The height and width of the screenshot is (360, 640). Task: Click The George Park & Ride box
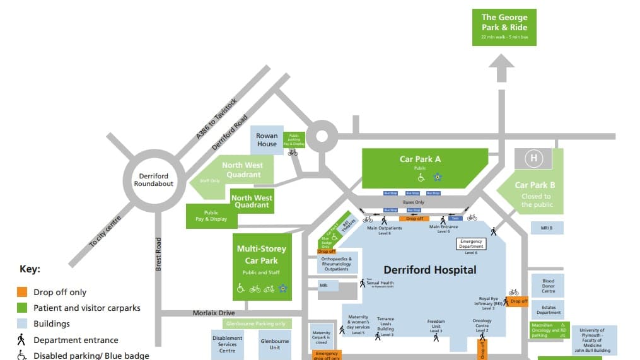pos(504,27)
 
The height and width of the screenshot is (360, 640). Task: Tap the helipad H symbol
pos(534,158)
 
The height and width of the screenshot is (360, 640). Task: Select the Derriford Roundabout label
pos(153,179)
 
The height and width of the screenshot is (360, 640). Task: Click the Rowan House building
pos(267,140)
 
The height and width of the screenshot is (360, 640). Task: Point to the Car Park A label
pos(420,159)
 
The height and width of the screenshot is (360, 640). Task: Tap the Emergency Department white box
pos(471,243)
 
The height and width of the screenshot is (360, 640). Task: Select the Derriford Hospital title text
pos(429,270)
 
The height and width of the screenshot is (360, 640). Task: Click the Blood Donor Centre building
pos(548,286)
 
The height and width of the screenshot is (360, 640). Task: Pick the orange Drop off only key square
pos(21,292)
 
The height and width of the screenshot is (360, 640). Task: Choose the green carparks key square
pos(21,308)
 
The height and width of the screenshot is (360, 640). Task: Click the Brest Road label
pos(159,254)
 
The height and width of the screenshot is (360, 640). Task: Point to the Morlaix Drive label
pos(214,313)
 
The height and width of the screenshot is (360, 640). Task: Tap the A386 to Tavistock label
pos(216,118)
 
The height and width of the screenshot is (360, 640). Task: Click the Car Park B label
pos(535,185)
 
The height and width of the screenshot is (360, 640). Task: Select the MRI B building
pos(546,228)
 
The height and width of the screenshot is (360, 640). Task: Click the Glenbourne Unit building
pos(274,344)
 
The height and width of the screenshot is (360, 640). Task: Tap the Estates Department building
pos(548,310)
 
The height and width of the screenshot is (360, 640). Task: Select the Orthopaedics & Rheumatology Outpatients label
pos(336,264)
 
